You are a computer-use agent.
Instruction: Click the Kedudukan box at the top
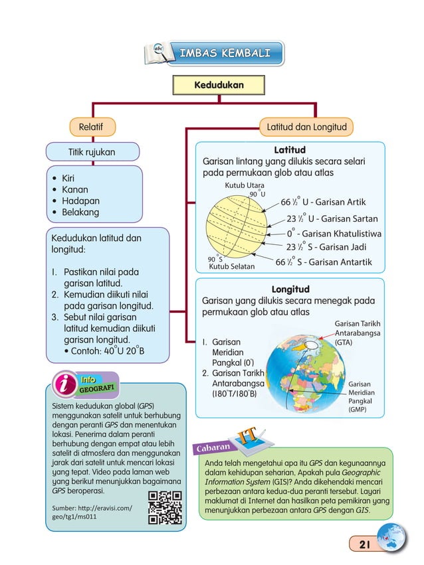click(x=218, y=86)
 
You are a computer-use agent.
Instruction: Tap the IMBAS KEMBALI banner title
click(x=224, y=54)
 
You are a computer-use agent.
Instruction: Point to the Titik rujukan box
click(x=92, y=152)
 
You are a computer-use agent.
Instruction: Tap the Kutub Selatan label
click(x=232, y=267)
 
